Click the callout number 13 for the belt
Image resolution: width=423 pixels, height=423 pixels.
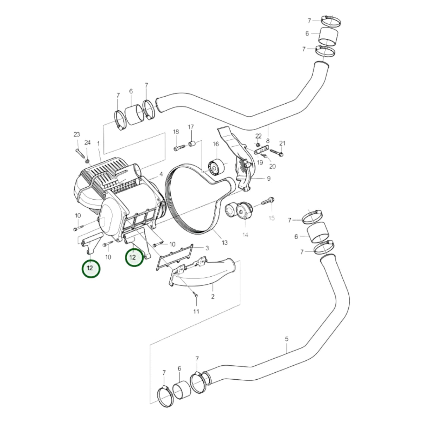coord(224,243)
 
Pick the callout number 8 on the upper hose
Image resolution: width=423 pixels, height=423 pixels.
coord(268,141)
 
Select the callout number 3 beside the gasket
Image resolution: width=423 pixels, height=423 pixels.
coord(207,248)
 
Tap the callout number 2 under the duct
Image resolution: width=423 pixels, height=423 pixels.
coord(213,297)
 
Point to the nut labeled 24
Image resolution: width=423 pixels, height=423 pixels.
coord(87,161)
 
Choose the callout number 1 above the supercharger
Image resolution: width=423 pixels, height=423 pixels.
coord(98,144)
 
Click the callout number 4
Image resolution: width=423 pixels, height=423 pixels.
coord(161,174)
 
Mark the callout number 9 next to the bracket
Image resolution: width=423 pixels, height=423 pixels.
coord(269,179)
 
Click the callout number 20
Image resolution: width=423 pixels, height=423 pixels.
coord(272,166)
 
